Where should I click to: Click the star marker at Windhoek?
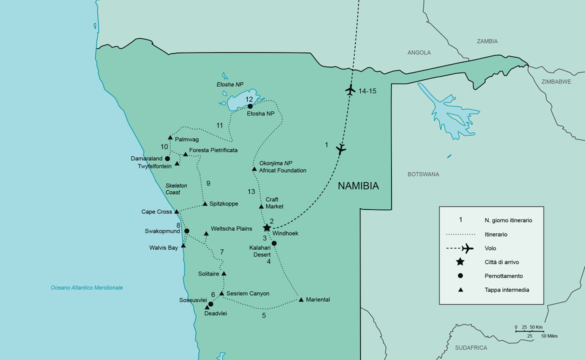267,227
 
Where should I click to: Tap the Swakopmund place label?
162,231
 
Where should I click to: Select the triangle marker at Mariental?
301,299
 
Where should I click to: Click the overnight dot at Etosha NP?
250,106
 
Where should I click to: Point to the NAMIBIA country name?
358,186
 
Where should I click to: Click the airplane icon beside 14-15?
350,90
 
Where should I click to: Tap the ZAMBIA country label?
487,41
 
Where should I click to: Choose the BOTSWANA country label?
423,174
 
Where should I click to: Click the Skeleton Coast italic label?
176,189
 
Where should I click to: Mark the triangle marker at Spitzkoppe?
205,203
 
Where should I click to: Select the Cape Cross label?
156,212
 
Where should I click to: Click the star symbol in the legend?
460,262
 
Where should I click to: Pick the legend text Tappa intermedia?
506,290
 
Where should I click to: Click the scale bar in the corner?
528,331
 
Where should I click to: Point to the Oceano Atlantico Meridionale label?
87,287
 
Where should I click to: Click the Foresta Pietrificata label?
213,150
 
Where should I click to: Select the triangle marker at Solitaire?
224,273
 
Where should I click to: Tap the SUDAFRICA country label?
470,347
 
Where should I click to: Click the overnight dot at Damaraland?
167,158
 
